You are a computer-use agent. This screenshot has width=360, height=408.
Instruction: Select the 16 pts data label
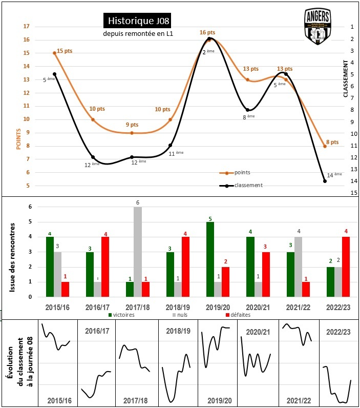pyautogui.click(x=207, y=33)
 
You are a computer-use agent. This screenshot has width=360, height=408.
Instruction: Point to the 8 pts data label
pyautogui.click(x=332, y=142)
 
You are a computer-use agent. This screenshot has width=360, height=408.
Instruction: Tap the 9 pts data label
pyautogui.click(x=132, y=125)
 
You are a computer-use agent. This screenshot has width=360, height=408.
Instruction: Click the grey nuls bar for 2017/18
pyautogui.click(x=137, y=252)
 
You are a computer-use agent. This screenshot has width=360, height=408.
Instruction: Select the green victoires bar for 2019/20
pyautogui.click(x=210, y=259)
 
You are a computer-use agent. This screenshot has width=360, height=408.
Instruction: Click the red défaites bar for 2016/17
pyautogui.click(x=104, y=267)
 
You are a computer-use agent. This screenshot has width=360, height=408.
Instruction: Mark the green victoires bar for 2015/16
pyautogui.click(x=50, y=267)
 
